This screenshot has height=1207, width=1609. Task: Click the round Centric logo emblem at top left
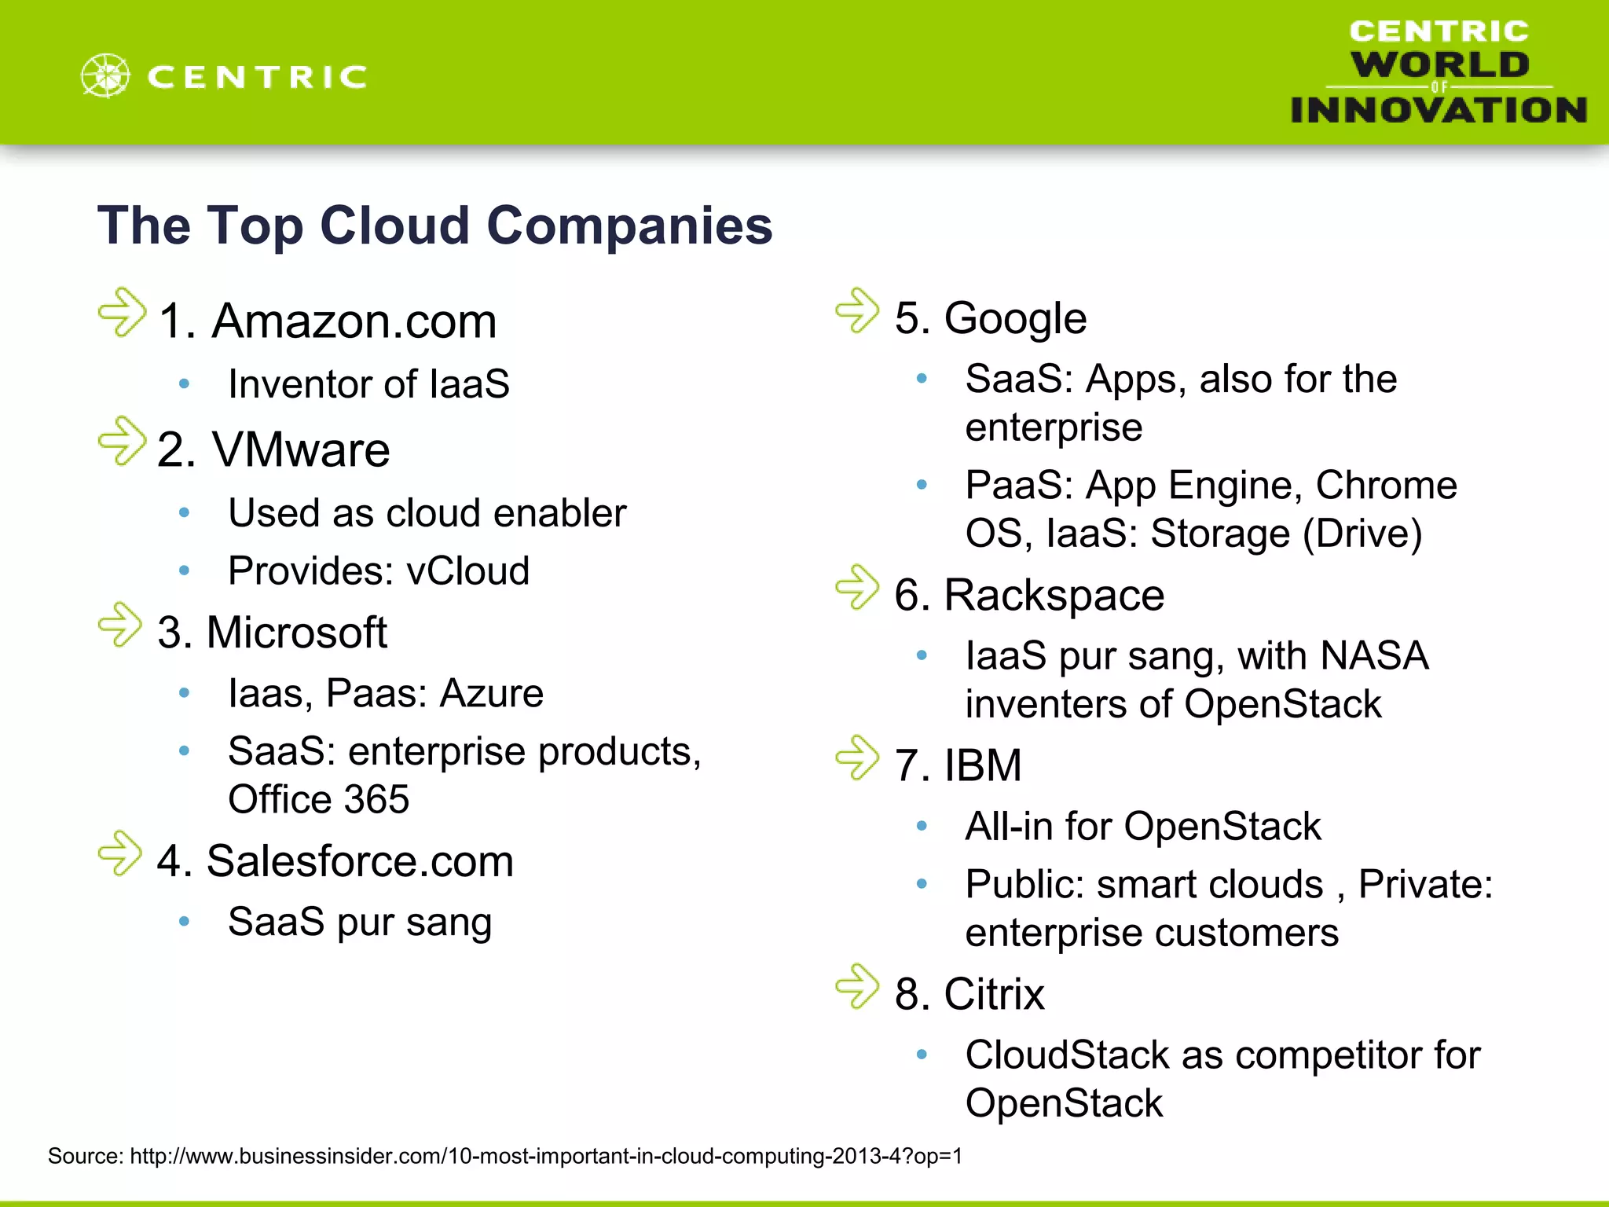click(105, 76)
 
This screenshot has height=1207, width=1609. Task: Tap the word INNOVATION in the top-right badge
click(1438, 110)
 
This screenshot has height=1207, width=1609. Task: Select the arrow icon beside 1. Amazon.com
click(123, 313)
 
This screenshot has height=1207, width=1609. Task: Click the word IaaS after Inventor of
click(470, 384)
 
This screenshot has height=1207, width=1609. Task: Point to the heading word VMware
click(301, 450)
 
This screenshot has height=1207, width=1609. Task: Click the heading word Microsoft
click(297, 633)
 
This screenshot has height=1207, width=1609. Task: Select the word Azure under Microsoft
click(491, 693)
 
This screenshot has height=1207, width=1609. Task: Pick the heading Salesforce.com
click(360, 861)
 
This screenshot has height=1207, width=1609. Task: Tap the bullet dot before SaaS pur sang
click(184, 921)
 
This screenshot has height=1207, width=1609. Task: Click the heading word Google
click(1015, 318)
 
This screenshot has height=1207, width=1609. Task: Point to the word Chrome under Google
click(1386, 485)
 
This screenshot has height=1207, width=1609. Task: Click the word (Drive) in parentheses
click(1362, 534)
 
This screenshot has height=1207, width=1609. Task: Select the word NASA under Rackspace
click(1374, 655)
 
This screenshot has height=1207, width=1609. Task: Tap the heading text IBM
click(983, 765)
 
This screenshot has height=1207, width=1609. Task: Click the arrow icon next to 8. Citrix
click(857, 986)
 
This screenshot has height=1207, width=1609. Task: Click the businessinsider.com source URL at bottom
click(545, 1156)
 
